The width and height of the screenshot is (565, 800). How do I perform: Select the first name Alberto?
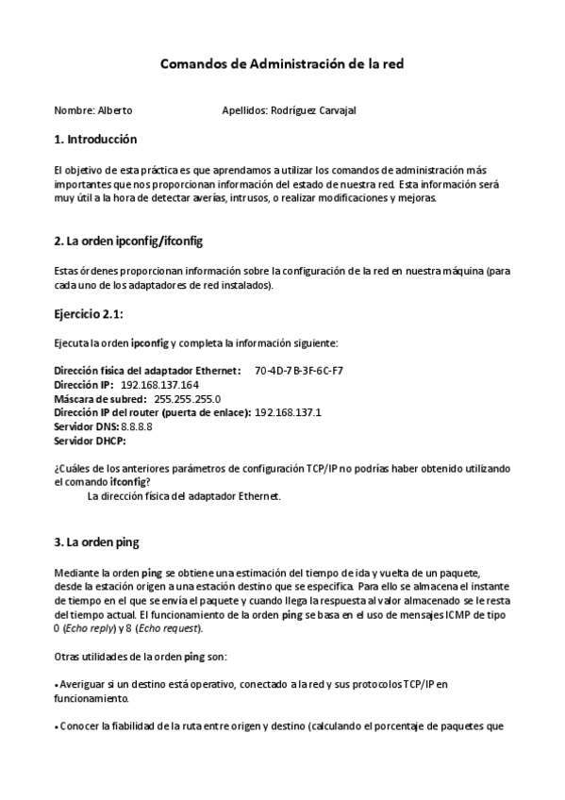click(x=115, y=110)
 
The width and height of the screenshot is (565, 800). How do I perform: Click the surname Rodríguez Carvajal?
click(x=313, y=110)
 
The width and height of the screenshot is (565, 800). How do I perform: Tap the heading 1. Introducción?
click(x=95, y=140)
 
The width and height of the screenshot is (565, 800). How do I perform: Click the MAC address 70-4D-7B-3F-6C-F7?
click(x=299, y=371)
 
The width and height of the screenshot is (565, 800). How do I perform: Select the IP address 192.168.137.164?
click(x=160, y=385)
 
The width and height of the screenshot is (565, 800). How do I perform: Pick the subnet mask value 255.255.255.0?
click(x=187, y=399)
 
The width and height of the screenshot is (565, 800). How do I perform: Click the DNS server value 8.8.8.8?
click(x=137, y=426)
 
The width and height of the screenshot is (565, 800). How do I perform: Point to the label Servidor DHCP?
click(x=90, y=441)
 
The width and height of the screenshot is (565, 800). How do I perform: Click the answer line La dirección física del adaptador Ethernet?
click(x=184, y=496)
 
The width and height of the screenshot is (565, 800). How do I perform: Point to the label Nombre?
click(x=74, y=110)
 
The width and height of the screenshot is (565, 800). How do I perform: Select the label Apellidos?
click(x=244, y=110)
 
